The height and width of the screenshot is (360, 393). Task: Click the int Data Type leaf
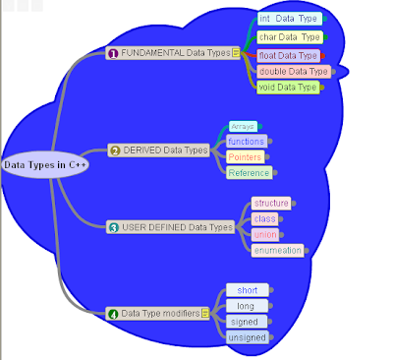[290, 19]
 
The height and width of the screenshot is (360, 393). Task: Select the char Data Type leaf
[290, 36]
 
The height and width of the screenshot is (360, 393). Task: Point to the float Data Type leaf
[288, 55]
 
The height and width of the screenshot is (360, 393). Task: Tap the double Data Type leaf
[292, 71]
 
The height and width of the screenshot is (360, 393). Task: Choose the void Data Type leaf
[288, 88]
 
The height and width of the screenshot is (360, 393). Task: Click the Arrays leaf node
[243, 126]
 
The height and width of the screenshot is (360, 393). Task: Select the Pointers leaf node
[244, 156]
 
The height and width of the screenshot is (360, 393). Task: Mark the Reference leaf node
[248, 173]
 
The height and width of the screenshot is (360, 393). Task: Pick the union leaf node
[264, 234]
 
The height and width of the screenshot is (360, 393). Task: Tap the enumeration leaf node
[278, 250]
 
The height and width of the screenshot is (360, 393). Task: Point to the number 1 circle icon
[113, 53]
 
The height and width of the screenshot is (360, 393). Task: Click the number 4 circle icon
[113, 314]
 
